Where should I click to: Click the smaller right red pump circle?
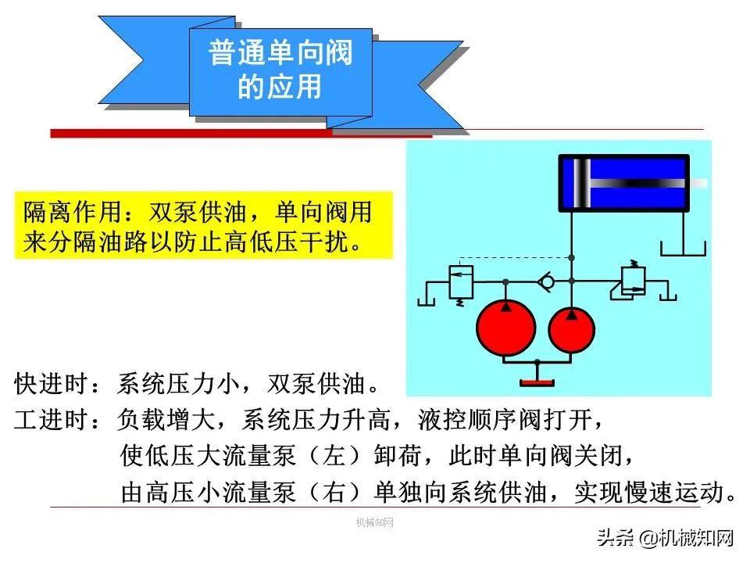tap(571, 330)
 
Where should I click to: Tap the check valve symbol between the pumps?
tap(546, 281)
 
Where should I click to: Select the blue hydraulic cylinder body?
tap(624, 183)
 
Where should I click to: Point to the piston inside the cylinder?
tap(582, 183)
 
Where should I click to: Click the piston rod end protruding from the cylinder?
tap(698, 183)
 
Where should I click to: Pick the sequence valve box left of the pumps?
tap(461, 282)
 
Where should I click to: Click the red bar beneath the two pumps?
tap(537, 382)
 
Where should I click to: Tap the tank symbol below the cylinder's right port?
tap(683, 249)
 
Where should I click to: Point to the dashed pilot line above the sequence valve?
tap(515, 257)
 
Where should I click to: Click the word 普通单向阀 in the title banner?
tap(280, 52)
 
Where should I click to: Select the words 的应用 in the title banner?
tap(280, 86)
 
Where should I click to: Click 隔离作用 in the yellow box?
tap(72, 212)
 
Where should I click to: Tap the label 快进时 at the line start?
tap(52, 384)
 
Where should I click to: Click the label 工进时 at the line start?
tap(52, 419)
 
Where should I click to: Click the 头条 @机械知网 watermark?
tap(666, 538)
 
